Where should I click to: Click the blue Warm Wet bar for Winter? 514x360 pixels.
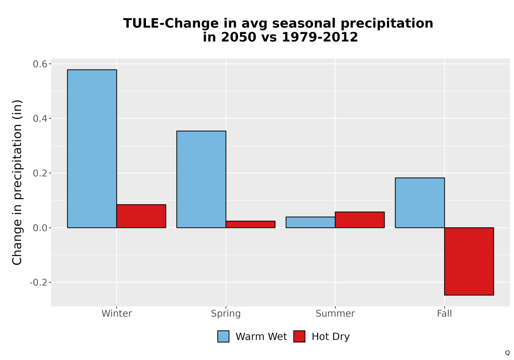[92, 149]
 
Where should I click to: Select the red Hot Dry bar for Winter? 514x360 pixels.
[141, 216]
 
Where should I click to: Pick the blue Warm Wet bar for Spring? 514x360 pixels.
[201, 179]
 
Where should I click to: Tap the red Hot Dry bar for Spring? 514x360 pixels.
[250, 224]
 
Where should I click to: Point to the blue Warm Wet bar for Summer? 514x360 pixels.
[310, 222]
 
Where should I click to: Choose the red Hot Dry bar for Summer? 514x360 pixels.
[360, 220]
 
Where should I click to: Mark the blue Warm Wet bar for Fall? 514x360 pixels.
[420, 203]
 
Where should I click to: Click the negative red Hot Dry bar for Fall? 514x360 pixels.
[469, 261]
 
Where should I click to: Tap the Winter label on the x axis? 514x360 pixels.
[117, 313]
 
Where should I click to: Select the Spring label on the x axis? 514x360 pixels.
[226, 314]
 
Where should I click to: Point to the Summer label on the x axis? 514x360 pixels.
[335, 313]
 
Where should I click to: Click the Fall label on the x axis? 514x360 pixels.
[445, 313]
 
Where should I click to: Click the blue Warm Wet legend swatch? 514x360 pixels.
[223, 336]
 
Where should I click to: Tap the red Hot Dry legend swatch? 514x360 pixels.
[299, 336]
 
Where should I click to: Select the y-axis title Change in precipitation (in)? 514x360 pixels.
[17, 182]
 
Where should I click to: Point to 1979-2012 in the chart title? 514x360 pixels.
[320, 37]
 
